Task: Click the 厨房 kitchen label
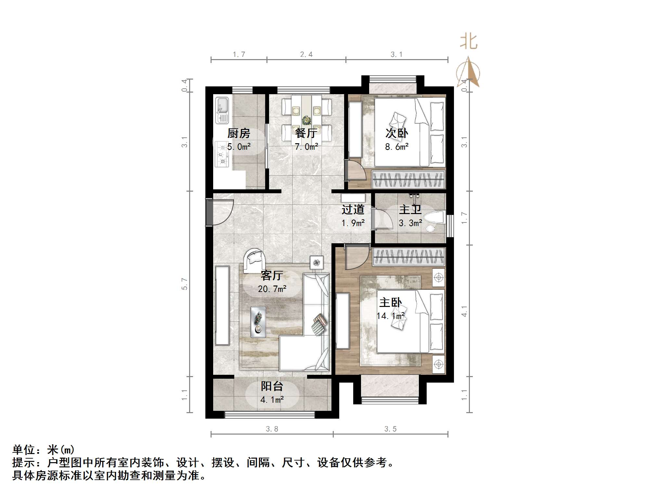pos(239,133)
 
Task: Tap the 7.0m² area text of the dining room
pos(306,147)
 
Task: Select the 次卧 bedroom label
pos(396,133)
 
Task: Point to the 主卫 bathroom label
pos(410,209)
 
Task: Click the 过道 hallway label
pos(353,209)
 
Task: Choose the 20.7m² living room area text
pos(272,289)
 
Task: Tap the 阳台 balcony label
pos(272,386)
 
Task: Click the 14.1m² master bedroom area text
pos(391,316)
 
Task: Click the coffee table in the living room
pos(258,322)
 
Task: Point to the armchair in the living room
pos(254,260)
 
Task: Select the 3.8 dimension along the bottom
pos(272,429)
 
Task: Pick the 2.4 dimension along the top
pos(306,55)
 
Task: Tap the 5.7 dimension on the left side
pos(185,284)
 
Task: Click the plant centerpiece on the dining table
pos(306,120)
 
